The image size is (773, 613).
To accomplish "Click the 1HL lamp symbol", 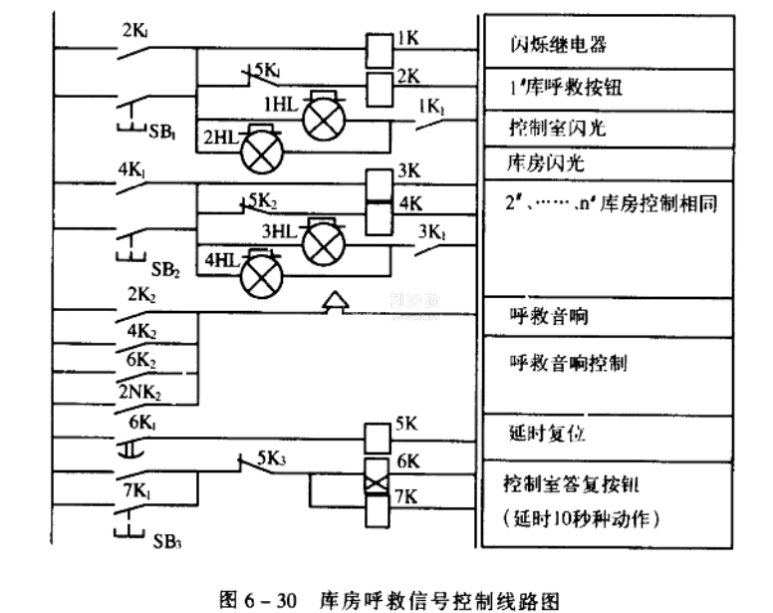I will pos(321,117).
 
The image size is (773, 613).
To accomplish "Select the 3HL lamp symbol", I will pos(321,242).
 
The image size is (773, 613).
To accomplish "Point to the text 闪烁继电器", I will pos(558,45).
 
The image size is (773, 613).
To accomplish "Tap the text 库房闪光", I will pos(542,161).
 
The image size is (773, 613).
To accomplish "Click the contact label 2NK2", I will pos(138,390).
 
